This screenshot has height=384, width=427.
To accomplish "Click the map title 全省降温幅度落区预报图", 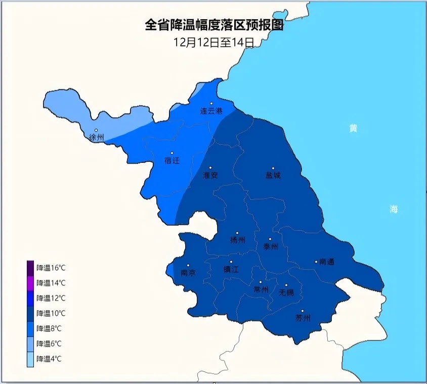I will [214, 25].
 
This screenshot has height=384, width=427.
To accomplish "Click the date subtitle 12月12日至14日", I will [214, 42].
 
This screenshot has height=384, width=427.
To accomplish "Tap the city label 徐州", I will [96, 137].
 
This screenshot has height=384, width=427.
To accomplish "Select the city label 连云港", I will [211, 111].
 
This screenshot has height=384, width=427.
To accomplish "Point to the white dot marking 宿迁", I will [172, 153].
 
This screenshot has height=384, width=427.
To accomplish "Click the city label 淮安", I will [210, 175].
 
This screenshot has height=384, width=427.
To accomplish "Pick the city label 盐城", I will [273, 176].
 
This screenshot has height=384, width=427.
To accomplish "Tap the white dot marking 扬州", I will [237, 233].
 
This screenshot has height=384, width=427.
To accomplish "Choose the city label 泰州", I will [271, 246].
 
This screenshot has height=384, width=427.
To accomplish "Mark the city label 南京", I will [188, 273].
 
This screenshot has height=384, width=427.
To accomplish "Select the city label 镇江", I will [231, 270].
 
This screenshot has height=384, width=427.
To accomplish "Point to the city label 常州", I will [261, 290].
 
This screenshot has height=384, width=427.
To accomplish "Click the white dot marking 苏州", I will [303, 311].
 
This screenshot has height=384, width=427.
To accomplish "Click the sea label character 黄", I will [353, 129].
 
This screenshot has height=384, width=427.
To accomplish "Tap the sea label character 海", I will [394, 209].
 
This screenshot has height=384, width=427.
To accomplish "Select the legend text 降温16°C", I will [51, 268].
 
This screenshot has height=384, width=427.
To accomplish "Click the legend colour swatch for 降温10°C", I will [30, 313].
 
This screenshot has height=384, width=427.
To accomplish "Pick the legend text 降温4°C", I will [49, 359].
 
